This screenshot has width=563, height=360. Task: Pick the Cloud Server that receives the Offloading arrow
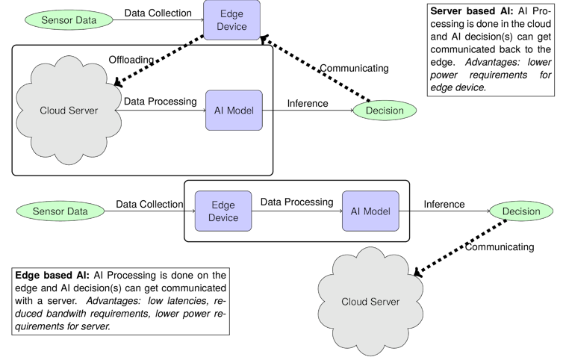pos(69,111)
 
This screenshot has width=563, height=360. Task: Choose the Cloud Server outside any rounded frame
pos(370,302)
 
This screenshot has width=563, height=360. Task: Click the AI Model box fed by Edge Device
pos(370,211)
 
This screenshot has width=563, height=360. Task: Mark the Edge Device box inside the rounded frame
pos(224,211)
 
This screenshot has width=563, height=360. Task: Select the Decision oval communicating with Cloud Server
pos(520,211)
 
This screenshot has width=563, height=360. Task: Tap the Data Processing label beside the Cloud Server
pos(160,101)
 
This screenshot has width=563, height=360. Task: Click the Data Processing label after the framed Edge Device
pos(296,202)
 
